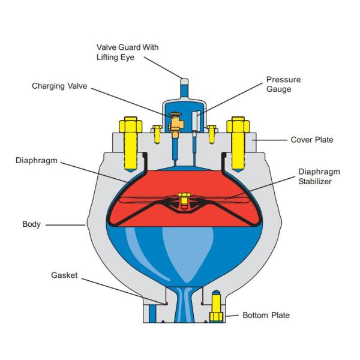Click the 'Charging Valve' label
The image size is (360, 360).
click(59, 86)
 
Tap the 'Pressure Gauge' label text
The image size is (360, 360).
click(284, 84)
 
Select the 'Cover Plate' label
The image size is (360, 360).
click(312, 140)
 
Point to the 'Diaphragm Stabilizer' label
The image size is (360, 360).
click(316, 176)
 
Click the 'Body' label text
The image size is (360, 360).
click(31, 224)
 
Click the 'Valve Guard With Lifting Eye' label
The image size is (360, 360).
click(128, 52)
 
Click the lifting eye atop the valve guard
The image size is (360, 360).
click(184, 81)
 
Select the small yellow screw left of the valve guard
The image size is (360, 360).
click(157, 133)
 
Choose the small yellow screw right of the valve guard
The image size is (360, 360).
click(211, 133)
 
